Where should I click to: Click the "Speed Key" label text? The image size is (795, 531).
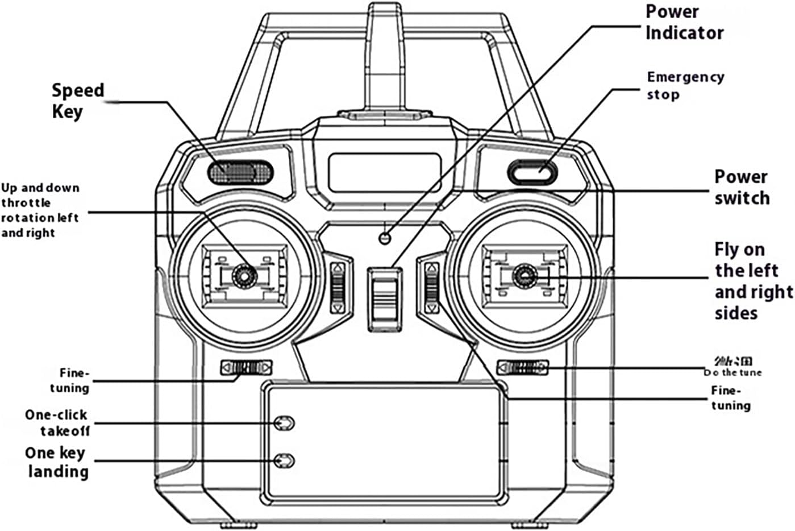(x=78, y=101)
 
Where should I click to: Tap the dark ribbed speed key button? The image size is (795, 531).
(x=240, y=171)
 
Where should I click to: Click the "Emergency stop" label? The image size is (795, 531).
(x=685, y=85)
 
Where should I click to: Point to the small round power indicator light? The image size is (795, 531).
(x=386, y=237)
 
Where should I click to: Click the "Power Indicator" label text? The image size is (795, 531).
(x=684, y=22)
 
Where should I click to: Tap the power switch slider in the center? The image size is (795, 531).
(x=384, y=298)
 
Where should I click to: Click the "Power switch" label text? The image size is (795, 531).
(x=742, y=187)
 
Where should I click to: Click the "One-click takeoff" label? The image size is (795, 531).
(x=57, y=422)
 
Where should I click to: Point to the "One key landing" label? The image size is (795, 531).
(x=57, y=462)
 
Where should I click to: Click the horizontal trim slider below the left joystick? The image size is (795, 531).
(x=246, y=367)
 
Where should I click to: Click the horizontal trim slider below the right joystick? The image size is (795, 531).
(x=522, y=367)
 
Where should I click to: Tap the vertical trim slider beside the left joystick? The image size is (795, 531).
(x=338, y=287)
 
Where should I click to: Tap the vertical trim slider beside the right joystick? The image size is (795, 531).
(x=432, y=286)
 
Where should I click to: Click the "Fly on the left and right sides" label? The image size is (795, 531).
(x=751, y=281)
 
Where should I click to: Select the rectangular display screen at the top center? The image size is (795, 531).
(x=385, y=172)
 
